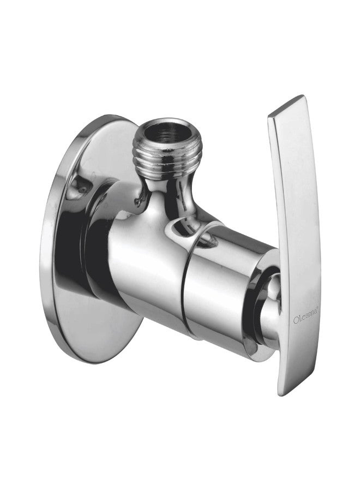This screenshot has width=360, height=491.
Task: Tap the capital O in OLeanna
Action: (296, 321)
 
